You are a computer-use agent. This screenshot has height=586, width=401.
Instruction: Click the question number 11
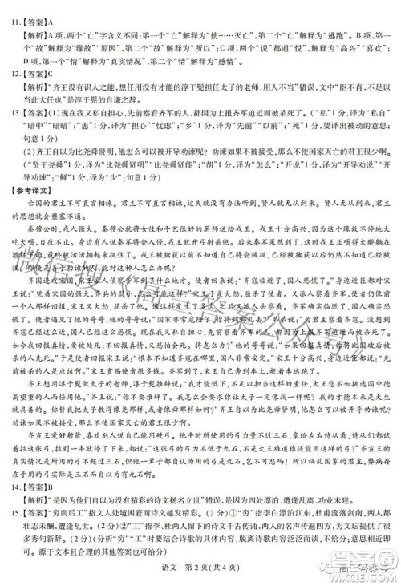click(x=14, y=11)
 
